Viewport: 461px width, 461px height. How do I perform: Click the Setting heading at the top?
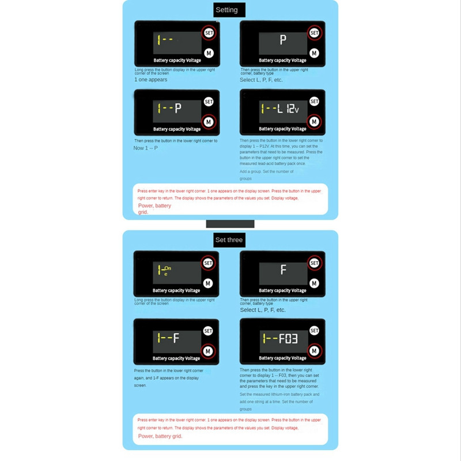click(226, 10)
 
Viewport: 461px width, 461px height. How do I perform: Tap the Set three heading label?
click(229, 240)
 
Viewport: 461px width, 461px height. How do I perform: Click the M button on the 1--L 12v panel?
click(314, 122)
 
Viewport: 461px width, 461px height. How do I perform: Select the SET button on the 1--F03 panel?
click(314, 331)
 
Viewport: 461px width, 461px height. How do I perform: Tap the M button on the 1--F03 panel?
click(314, 350)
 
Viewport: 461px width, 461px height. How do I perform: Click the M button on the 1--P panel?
click(208, 122)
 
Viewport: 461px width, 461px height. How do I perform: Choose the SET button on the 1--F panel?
click(208, 331)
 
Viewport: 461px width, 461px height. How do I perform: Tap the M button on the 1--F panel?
click(208, 350)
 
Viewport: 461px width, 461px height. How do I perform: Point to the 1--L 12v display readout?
click(279, 108)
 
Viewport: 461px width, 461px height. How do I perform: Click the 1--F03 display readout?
click(279, 338)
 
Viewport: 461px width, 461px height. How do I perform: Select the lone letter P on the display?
click(282, 40)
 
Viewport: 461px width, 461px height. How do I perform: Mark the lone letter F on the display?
click(283, 270)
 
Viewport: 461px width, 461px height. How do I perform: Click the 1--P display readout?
click(169, 108)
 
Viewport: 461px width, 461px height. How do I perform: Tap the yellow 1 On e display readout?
click(164, 270)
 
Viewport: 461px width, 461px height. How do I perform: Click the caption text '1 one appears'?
click(151, 80)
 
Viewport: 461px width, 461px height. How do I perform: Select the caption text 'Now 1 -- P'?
click(146, 148)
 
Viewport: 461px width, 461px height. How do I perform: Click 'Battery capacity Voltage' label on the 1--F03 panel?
click(282, 358)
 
